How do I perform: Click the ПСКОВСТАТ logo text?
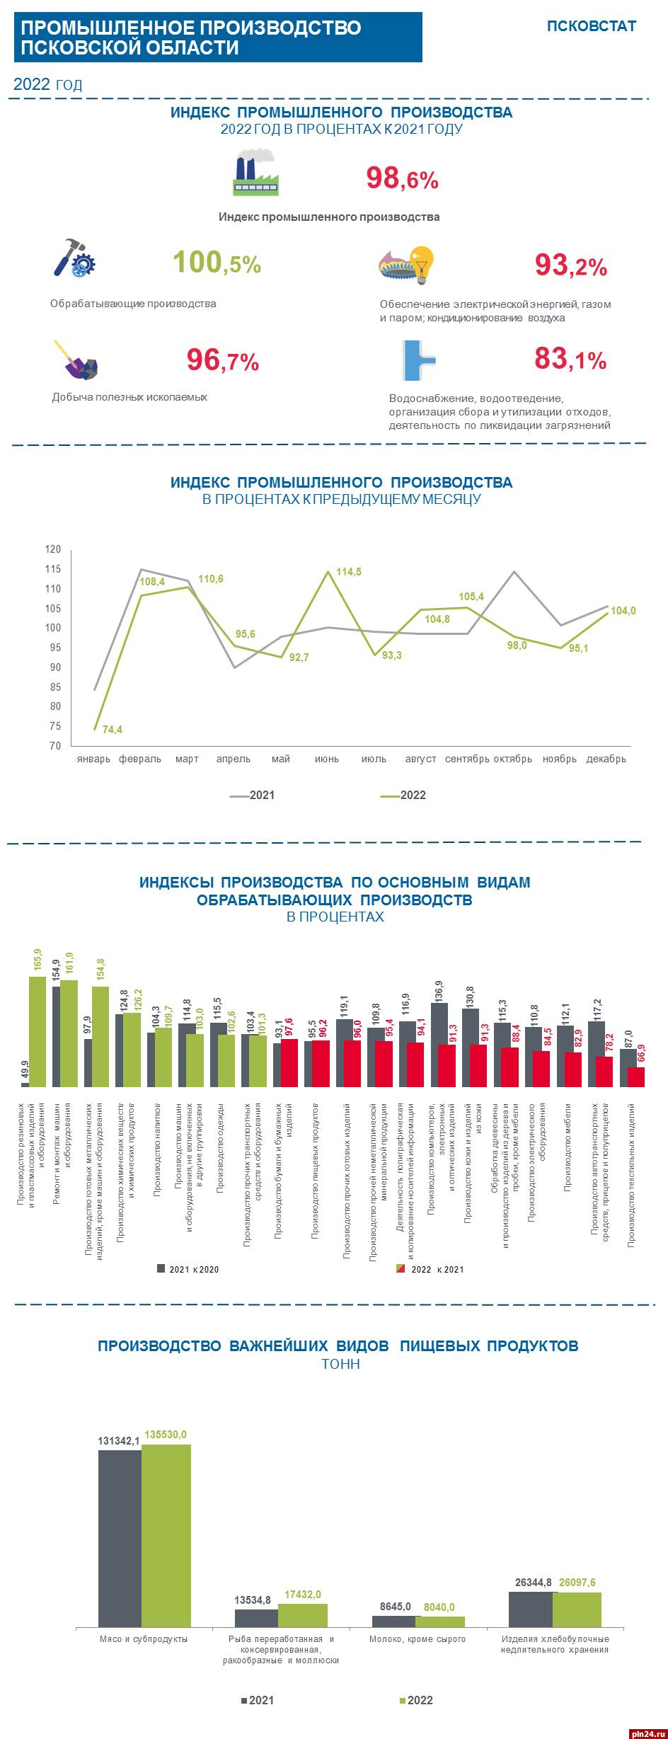(x=591, y=26)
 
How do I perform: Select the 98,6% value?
(x=402, y=178)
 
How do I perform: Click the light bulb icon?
(x=422, y=264)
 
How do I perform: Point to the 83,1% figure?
(x=570, y=360)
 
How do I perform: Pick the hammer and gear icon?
(x=74, y=258)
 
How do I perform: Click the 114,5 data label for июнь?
(x=347, y=572)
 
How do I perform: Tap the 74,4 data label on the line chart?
(x=113, y=729)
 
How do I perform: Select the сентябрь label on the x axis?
(x=467, y=759)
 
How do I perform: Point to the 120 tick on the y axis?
(x=54, y=549)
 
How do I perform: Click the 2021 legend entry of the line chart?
(x=253, y=795)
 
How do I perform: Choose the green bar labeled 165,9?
(x=38, y=1031)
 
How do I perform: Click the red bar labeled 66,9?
(x=636, y=1076)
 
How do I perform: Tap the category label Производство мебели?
(x=568, y=1147)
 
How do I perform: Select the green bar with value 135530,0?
(x=166, y=1535)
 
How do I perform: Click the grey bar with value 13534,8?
(x=256, y=1618)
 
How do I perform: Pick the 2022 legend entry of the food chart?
(x=415, y=1700)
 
